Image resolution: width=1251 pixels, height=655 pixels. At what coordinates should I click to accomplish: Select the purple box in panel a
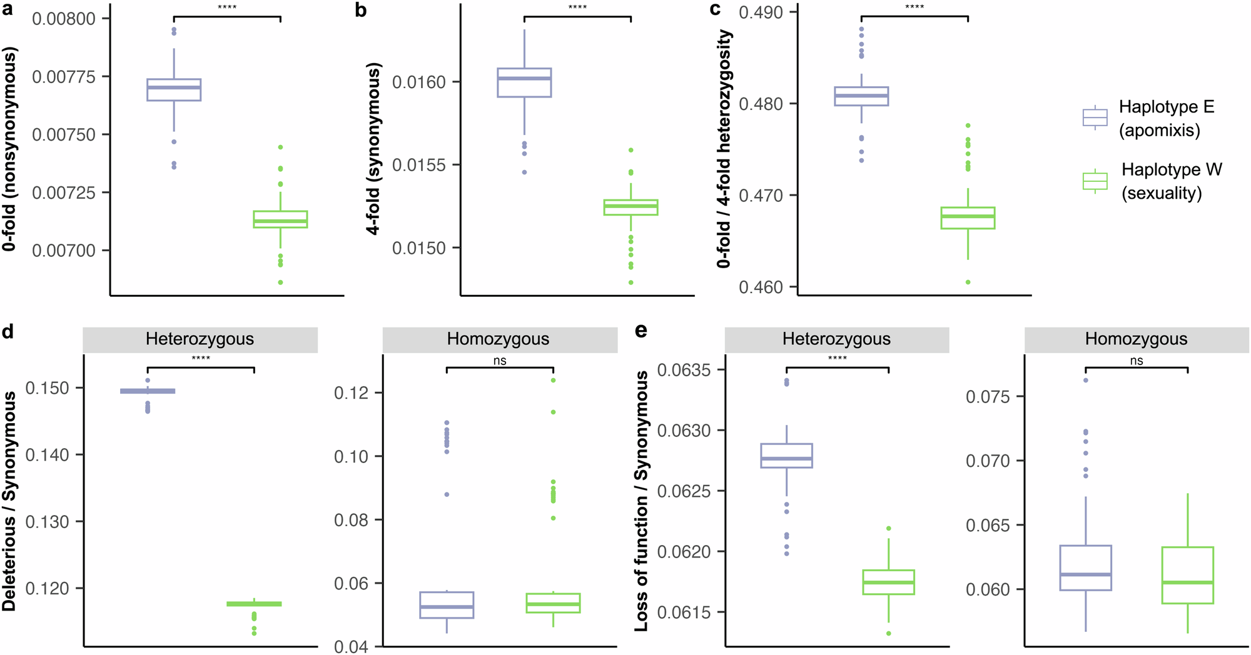coord(174,90)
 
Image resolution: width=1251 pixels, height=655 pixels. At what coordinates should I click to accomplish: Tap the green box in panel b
coord(631,207)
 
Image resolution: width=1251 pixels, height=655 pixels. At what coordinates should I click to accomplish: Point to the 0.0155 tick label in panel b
coord(419,165)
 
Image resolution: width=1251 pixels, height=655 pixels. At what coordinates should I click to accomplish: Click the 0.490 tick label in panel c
coord(761,12)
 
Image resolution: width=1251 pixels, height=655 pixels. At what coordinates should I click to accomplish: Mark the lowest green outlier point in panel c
coord(968,282)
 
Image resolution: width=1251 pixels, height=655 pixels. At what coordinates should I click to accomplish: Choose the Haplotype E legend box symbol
coord(1095,117)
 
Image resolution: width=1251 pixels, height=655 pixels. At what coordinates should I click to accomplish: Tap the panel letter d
coord(8,331)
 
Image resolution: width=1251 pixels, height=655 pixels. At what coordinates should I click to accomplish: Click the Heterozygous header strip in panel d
coord(200,339)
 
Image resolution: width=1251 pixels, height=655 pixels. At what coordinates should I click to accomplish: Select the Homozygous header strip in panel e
coord(1136,339)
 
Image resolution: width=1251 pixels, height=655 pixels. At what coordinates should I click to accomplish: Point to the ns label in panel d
coord(500,361)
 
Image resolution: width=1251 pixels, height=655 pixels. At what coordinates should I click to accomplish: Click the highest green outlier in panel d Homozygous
coord(553,380)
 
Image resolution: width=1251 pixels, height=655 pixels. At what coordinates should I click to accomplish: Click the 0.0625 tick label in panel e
coord(684,491)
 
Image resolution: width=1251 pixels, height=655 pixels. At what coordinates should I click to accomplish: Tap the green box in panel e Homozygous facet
coord(1187,575)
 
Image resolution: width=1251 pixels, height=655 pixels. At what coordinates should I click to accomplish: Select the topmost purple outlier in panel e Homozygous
coord(1086,380)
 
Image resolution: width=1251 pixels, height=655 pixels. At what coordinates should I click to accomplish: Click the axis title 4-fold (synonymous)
coord(373,149)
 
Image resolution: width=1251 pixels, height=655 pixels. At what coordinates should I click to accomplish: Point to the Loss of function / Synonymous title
coord(642,500)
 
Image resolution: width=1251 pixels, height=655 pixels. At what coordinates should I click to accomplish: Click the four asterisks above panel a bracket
coord(227,7)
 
